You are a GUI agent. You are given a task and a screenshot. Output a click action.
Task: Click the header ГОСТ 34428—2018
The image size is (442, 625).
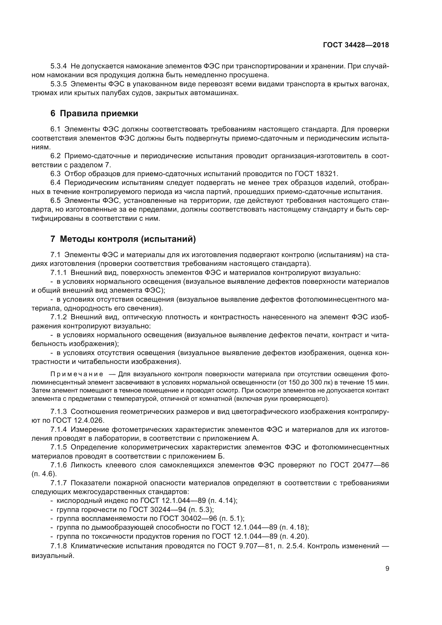click(x=356, y=45)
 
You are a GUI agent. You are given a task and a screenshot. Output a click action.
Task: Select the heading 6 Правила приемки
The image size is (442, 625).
click(x=94, y=114)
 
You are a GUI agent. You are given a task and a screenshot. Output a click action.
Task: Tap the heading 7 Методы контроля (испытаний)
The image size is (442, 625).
click(x=123, y=239)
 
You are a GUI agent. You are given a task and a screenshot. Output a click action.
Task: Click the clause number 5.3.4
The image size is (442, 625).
click(x=59, y=66)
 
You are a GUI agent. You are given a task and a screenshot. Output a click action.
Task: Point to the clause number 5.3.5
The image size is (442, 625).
click(x=59, y=84)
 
